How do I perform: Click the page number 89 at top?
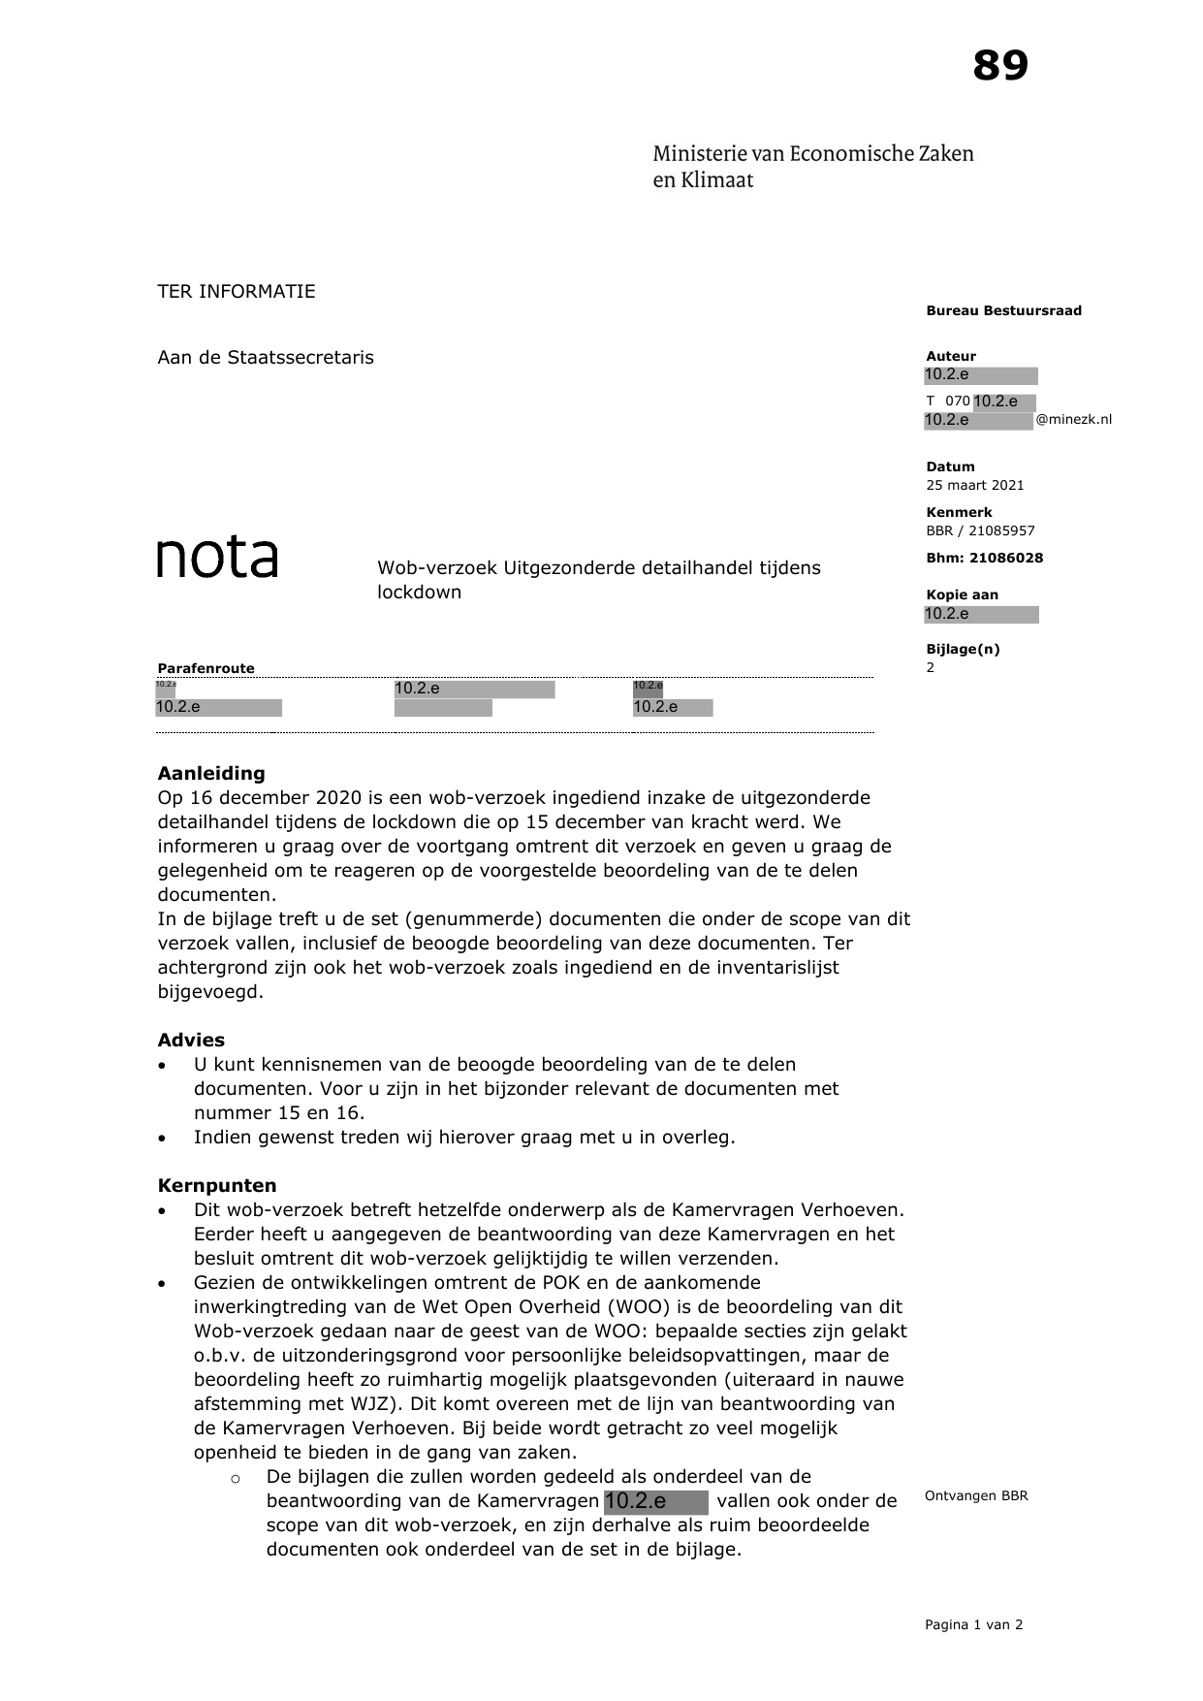coord(999,67)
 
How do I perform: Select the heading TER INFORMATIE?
coord(237,292)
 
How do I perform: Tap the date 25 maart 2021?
coord(974,485)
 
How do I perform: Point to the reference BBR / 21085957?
coord(980,530)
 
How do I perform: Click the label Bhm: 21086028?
coord(984,558)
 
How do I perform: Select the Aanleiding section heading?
coord(211,773)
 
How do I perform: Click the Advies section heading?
coord(191,1040)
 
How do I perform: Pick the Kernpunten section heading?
coord(217,1185)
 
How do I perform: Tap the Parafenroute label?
coord(206,668)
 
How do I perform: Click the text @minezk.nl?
coord(1074,420)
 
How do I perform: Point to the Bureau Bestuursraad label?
coord(1003,310)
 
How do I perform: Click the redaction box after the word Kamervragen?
coord(655,1501)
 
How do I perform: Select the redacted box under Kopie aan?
coord(981,614)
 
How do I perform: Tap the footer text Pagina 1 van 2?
coord(973,1624)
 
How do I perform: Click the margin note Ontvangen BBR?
coord(976,1495)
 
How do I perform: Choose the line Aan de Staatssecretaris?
coord(266,357)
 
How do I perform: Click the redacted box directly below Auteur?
coord(981,375)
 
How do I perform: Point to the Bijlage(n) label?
coord(963,649)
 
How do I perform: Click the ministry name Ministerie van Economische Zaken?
coord(812,153)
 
